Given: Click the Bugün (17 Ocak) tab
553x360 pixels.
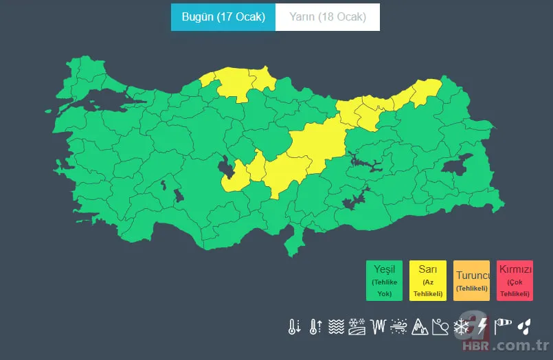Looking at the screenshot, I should tap(223, 17).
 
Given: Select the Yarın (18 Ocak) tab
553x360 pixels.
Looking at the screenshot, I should tap(328, 17).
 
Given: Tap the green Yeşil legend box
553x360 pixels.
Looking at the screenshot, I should tap(385, 280).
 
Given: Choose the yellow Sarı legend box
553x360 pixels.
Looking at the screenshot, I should tap(428, 280).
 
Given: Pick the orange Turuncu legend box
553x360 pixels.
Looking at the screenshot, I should tap(471, 280).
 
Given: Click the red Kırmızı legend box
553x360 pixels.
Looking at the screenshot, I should tap(515, 280).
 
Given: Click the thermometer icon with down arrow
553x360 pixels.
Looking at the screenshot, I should tap(294, 326).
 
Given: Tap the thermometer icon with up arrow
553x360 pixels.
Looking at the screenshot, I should tap(315, 326).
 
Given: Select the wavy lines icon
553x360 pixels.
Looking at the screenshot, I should tap(336, 326).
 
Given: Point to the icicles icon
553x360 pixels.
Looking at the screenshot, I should tap(378, 326).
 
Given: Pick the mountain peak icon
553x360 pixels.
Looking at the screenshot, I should tap(419, 327).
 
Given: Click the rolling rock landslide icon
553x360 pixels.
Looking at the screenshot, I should tap(440, 326).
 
